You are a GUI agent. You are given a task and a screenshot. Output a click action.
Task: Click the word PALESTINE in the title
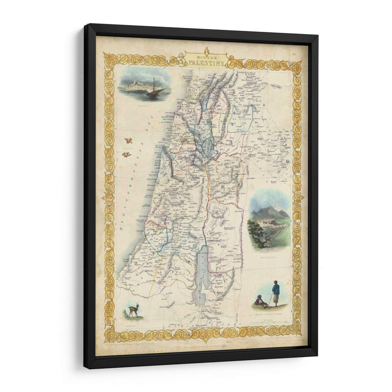[x=206, y=63]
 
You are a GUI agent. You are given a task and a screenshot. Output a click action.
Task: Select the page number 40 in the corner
[x=294, y=47]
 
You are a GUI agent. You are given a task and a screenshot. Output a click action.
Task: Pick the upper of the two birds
[x=128, y=141]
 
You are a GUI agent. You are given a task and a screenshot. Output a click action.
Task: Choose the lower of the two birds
[x=126, y=154]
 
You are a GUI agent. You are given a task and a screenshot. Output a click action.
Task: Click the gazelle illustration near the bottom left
[x=133, y=310]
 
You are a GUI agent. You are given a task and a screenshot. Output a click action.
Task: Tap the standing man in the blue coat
[x=276, y=293]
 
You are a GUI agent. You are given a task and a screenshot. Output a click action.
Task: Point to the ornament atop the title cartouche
[x=206, y=49]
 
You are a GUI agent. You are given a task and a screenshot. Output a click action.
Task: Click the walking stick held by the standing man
[x=270, y=299]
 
